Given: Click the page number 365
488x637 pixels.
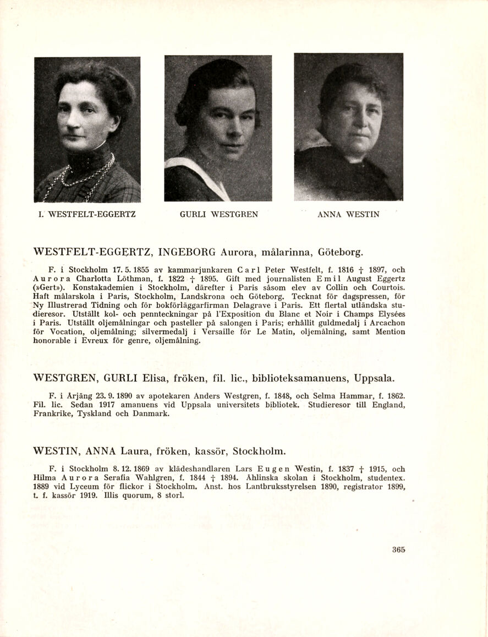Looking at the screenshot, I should [399, 549].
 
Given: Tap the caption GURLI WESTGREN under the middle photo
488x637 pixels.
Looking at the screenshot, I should [219, 215].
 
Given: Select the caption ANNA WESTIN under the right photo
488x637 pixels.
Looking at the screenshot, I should [348, 215].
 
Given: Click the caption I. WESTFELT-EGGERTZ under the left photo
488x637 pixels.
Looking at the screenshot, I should [87, 215].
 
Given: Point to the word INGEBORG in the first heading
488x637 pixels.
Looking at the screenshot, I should [187, 253].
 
